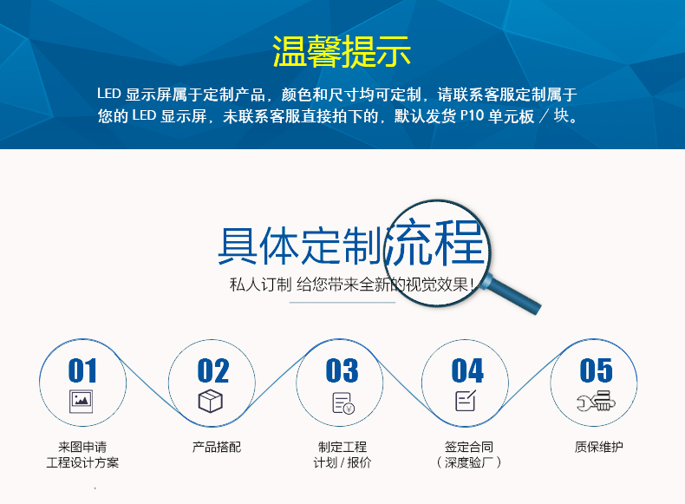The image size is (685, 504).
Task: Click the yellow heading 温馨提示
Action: click(342, 51)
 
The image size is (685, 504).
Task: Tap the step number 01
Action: click(82, 370)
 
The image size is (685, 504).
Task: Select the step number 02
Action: click(212, 370)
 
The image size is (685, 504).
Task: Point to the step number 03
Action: click(342, 370)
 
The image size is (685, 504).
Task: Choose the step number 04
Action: click(467, 370)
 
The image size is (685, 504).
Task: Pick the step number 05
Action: click(596, 370)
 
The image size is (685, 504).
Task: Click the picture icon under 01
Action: click(82, 402)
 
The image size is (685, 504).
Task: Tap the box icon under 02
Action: click(211, 401)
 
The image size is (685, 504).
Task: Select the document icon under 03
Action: click(343, 403)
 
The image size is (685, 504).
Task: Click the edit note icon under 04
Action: click(466, 401)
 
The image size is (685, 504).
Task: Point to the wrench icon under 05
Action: click(596, 402)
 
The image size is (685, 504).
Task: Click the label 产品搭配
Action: click(217, 447)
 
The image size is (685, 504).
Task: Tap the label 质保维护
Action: click(599, 447)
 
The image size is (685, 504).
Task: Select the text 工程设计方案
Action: click(82, 462)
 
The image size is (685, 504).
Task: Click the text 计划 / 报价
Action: click(342, 462)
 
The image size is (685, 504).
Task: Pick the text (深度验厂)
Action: click(468, 462)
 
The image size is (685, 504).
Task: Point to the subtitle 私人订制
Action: click(260, 285)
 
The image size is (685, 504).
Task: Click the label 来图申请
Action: click(82, 447)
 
